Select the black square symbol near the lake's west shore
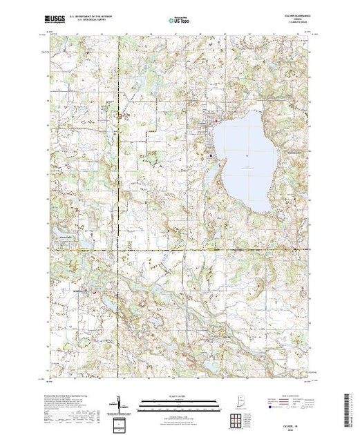point(211,156)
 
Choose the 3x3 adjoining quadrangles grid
point(237,420)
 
